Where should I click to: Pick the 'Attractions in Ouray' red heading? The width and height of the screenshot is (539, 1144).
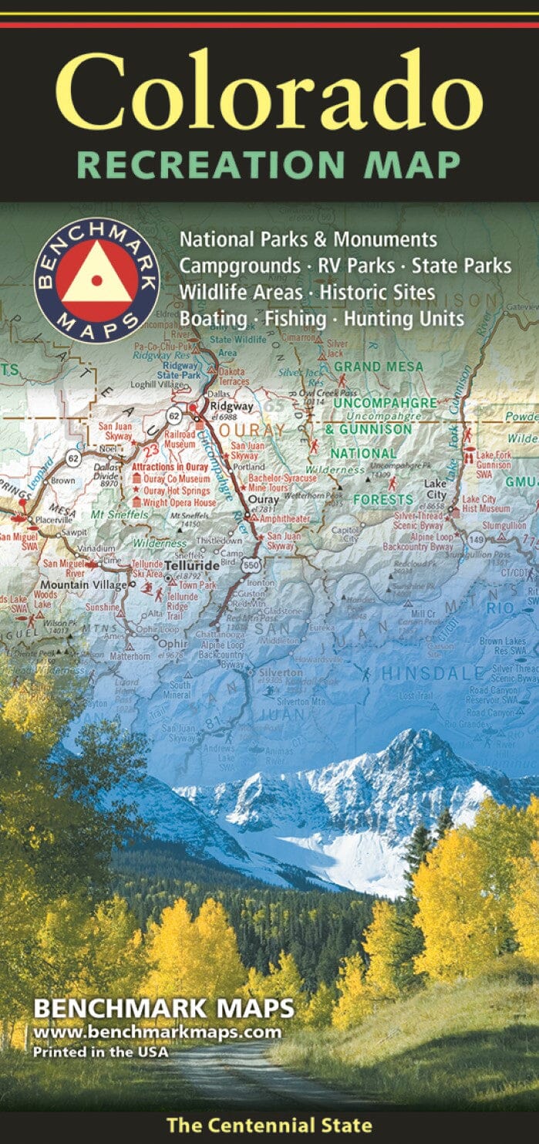(x=170, y=468)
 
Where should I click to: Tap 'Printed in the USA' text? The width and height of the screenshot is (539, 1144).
(x=99, y=1051)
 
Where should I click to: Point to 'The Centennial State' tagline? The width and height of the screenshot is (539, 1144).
(x=268, y=1125)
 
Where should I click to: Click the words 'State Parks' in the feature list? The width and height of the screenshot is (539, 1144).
(x=461, y=266)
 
